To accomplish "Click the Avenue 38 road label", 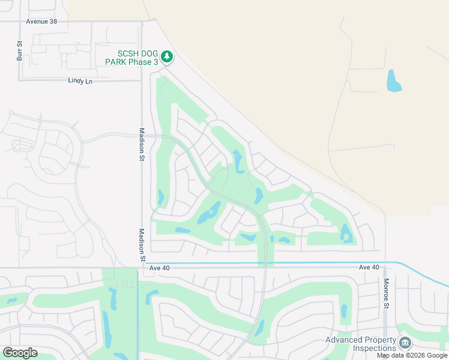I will pyautogui.click(x=41, y=21).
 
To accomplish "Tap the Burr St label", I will pyautogui.click(x=19, y=52).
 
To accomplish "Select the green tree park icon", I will pyautogui.click(x=167, y=57).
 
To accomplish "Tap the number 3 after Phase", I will pyautogui.click(x=156, y=61).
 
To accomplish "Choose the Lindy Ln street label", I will pyautogui.click(x=80, y=81).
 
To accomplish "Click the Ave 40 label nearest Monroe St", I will pyautogui.click(x=369, y=267).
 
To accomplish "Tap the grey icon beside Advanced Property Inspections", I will pyautogui.click(x=405, y=343).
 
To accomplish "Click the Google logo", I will pyautogui.click(x=20, y=353).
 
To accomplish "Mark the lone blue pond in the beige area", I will pyautogui.click(x=393, y=81).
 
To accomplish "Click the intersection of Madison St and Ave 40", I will pyautogui.click(x=142, y=264).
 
